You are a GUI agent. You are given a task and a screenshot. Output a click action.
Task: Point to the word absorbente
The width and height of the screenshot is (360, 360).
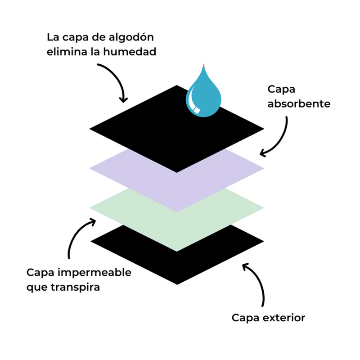299,104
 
